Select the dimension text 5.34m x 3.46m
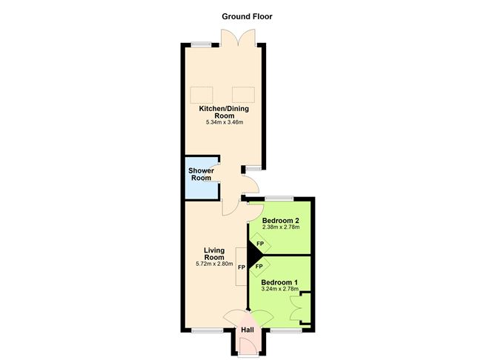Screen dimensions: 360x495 coord(223,122)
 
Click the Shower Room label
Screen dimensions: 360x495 coord(202,174)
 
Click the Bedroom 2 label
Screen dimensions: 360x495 coord(280,221)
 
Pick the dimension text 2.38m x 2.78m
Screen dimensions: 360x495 coord(280,227)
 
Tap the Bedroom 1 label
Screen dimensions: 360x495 coord(280,281)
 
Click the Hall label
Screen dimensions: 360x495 coord(247,330)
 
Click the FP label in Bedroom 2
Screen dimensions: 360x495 coord(259,244)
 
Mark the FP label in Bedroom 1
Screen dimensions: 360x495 coord(259,265)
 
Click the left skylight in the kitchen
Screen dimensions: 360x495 coord(202,95)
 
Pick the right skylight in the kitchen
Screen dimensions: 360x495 coord(243,95)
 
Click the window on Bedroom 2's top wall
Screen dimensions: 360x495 coord(279,199)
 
